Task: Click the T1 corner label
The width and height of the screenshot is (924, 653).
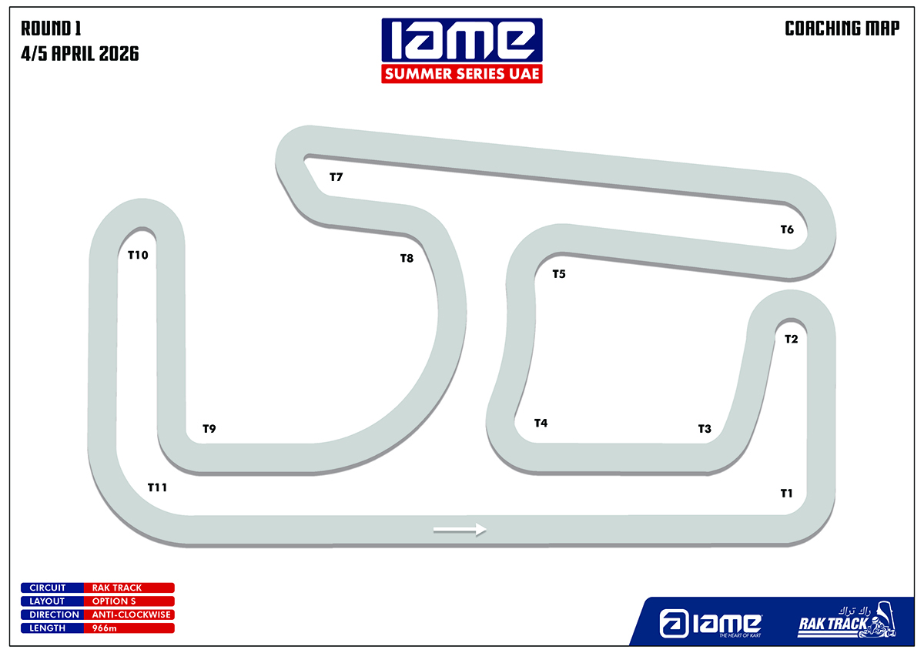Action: (x=786, y=494)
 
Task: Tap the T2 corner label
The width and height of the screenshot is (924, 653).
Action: (x=792, y=339)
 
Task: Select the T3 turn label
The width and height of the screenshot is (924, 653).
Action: (x=705, y=429)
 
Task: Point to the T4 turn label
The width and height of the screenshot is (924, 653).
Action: (x=541, y=423)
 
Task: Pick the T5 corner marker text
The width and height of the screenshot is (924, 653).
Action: (x=559, y=274)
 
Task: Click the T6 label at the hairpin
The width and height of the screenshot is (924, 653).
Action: (x=787, y=229)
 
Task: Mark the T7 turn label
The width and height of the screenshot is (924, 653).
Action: (x=336, y=177)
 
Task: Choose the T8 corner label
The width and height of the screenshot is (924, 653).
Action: (x=407, y=258)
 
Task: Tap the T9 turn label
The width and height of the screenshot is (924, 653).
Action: (x=209, y=429)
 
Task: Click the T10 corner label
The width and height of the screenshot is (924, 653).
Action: (x=138, y=255)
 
